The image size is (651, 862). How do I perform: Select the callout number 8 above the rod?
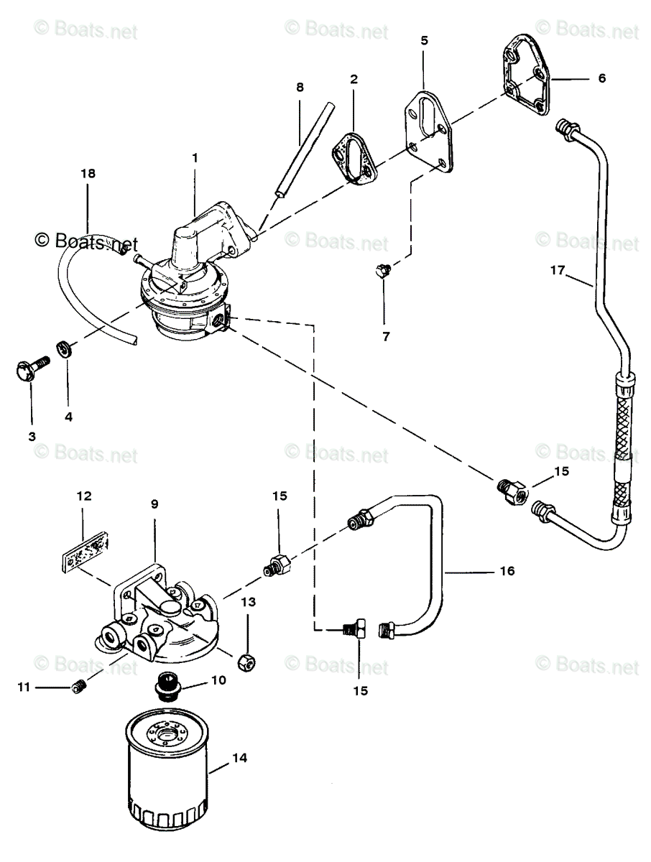[300, 87]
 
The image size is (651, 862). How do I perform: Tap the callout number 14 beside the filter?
[239, 758]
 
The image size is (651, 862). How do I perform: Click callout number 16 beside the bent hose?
[527, 571]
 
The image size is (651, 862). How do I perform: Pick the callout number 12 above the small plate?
[84, 495]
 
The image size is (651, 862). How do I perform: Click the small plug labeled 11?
[78, 688]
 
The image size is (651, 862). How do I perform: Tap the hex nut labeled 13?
[244, 660]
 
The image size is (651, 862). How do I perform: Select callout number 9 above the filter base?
[154, 504]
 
